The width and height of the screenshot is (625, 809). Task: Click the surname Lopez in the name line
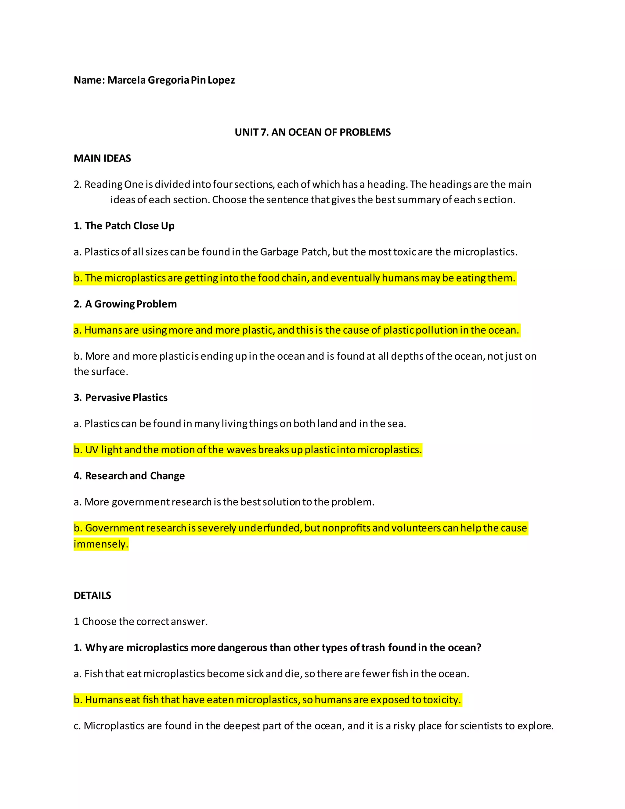point(221,80)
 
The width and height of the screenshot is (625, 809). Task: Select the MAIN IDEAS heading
point(102,158)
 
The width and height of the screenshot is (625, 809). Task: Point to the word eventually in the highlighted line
point(355,278)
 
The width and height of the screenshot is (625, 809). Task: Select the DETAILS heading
point(92,595)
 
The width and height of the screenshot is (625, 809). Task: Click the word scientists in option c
point(482,726)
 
